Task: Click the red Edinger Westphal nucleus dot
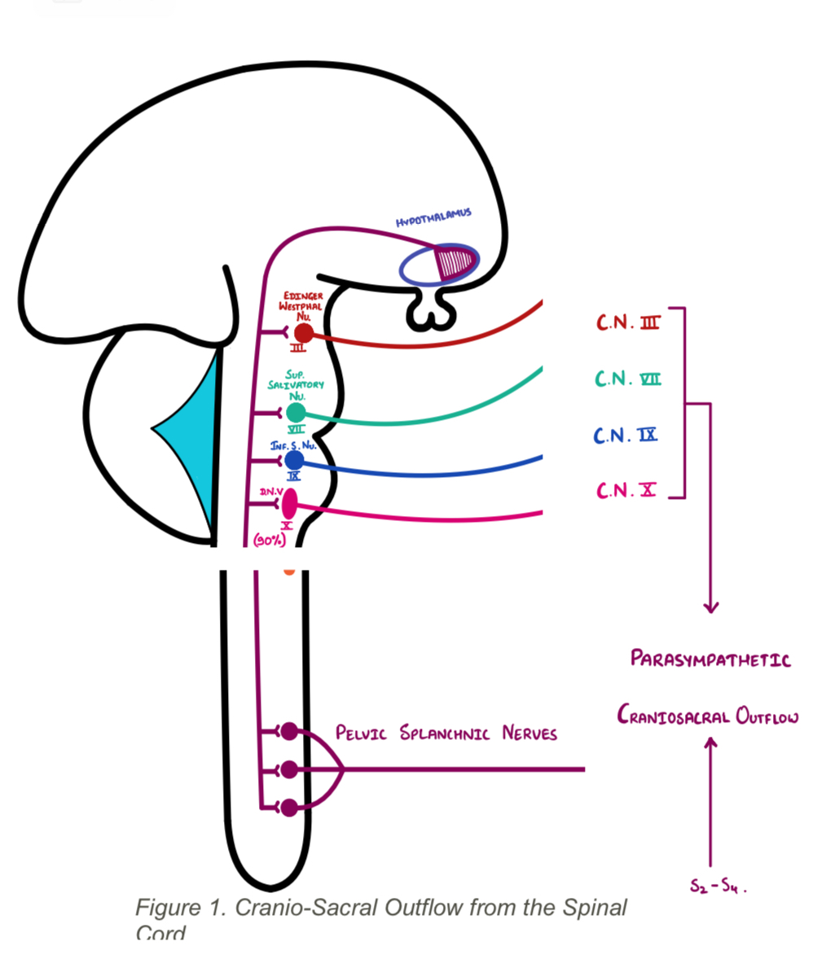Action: click(x=303, y=332)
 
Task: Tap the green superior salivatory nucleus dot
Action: click(x=297, y=413)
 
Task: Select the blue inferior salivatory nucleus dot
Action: click(x=294, y=461)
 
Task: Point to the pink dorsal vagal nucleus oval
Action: click(x=289, y=502)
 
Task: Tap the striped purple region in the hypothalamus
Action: click(x=454, y=261)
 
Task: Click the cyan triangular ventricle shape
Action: click(x=195, y=440)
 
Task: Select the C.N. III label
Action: click(x=627, y=323)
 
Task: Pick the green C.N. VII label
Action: click(x=627, y=379)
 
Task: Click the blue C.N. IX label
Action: click(x=625, y=436)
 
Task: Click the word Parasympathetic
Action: click(x=710, y=659)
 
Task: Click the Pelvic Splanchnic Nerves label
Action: click(x=446, y=733)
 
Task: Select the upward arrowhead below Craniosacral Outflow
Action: click(x=711, y=742)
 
